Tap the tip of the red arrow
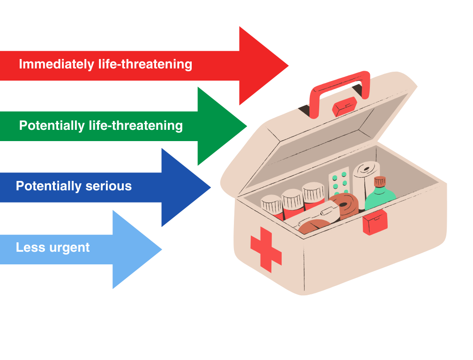click(x=287, y=66)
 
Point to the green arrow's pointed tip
click(x=246, y=126)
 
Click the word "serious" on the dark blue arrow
click(x=109, y=186)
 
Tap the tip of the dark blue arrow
click(x=210, y=187)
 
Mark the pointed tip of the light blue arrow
click(x=161, y=249)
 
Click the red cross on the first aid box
click(x=266, y=249)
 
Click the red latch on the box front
click(x=375, y=222)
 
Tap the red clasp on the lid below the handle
click(x=345, y=106)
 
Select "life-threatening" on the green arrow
click(x=135, y=126)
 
